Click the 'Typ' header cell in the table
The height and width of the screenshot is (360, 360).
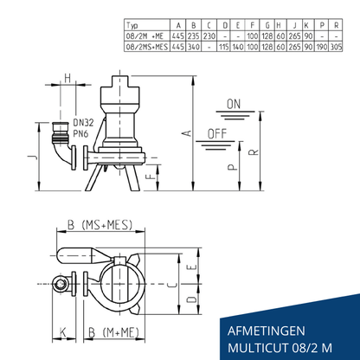pyautogui.click(x=132, y=25)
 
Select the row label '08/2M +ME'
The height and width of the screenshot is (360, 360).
pyautogui.click(x=145, y=36)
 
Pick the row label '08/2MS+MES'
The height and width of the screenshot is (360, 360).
pyautogui.click(x=147, y=47)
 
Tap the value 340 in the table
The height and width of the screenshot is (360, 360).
pyautogui.click(x=194, y=47)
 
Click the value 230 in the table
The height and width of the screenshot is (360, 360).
pyautogui.click(x=209, y=36)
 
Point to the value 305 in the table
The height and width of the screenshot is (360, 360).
pyautogui.click(x=336, y=47)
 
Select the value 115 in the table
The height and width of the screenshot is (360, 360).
pyautogui.click(x=224, y=47)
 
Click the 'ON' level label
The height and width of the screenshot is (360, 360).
pyautogui.click(x=234, y=104)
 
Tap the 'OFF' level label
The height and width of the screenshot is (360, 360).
pyautogui.click(x=217, y=134)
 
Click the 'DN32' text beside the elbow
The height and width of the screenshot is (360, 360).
pyautogui.click(x=83, y=123)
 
